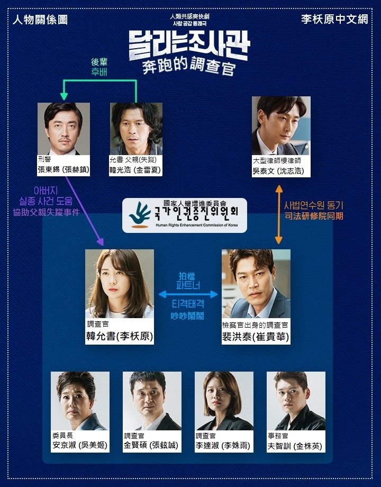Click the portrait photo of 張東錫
click(63, 129)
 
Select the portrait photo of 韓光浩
click(135, 129)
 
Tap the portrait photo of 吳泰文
click(281, 125)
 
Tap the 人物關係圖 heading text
click(40, 20)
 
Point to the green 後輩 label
click(99, 62)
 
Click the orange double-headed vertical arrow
click(279, 214)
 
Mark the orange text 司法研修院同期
click(314, 216)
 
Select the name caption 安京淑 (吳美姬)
click(80, 445)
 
